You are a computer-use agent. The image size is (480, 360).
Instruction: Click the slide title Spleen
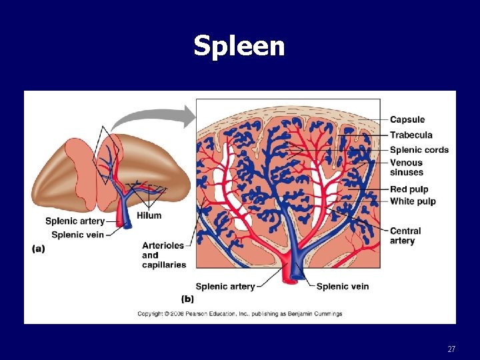click(239, 46)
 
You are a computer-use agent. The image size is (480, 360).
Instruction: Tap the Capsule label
click(407, 120)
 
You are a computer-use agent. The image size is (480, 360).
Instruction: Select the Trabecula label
click(411, 135)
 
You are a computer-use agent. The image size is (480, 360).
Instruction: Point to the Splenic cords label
click(419, 149)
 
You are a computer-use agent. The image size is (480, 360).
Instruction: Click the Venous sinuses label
click(406, 167)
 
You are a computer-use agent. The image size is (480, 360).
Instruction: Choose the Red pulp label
click(409, 189)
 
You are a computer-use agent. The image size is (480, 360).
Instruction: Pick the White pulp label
click(412, 201)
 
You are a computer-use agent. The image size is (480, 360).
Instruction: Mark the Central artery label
click(405, 236)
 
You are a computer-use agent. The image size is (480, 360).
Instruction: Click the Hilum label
click(149, 215)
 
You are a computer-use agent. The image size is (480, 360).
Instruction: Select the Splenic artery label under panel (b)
click(225, 287)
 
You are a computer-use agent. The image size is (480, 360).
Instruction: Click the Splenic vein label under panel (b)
click(342, 287)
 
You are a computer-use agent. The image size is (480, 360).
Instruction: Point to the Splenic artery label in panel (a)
click(75, 221)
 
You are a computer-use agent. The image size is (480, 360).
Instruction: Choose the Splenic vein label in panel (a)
click(77, 235)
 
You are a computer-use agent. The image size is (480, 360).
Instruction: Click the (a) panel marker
click(39, 249)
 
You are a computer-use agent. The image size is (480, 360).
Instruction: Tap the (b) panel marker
click(187, 299)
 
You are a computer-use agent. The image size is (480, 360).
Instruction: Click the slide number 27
click(451, 349)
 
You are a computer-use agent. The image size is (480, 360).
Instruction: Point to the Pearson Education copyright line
click(239, 313)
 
